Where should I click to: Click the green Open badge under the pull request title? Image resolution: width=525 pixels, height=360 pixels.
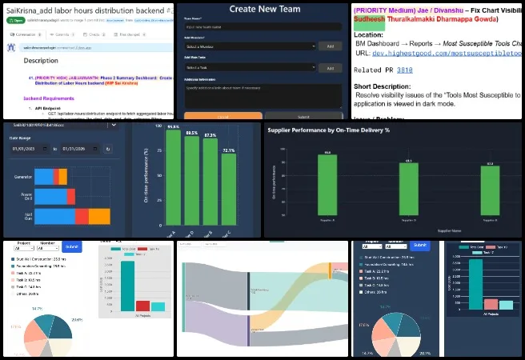click(x=14, y=23)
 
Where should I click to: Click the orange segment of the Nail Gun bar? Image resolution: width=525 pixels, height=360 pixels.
click(x=100, y=216)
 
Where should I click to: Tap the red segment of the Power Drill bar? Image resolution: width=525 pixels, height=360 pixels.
click(x=71, y=195)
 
